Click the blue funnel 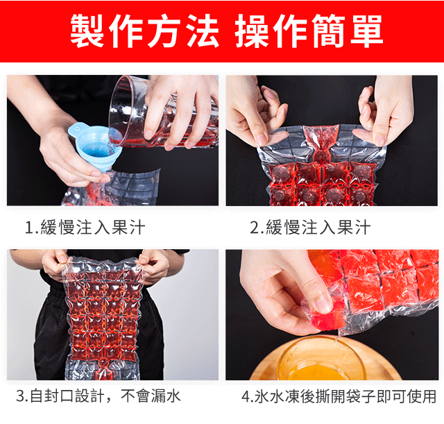point(94,147)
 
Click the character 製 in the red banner point(87,31)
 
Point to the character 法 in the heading point(203,31)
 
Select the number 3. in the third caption point(22,396)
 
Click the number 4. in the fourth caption point(248,396)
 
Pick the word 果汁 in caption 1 point(128,228)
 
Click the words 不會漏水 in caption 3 point(151,396)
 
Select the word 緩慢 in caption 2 point(282,228)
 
